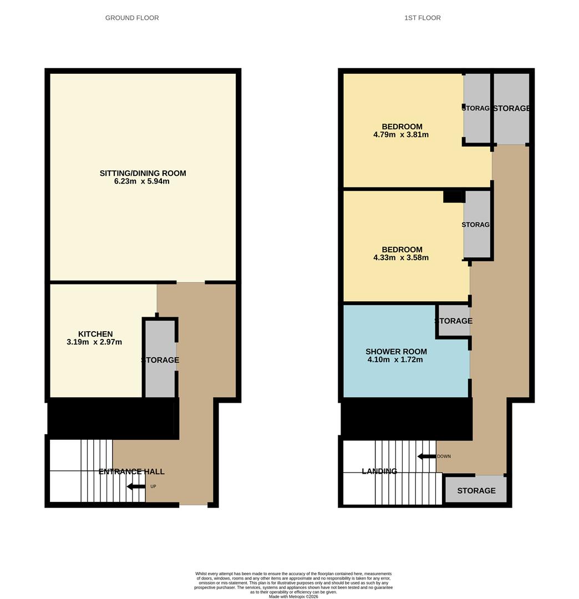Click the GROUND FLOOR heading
point(132,18)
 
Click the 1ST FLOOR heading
point(423,18)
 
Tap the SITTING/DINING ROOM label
point(143,173)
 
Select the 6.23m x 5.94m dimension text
point(143,181)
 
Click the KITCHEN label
point(95,334)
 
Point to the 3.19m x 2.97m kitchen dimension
point(94,342)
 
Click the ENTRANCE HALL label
point(131,471)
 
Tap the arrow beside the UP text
point(136,486)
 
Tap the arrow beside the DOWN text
point(426,456)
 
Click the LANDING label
point(379,471)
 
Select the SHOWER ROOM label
point(396,352)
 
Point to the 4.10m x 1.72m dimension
point(395,359)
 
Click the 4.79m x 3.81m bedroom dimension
point(401,135)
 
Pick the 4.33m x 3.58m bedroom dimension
point(401,257)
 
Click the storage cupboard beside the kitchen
point(160,359)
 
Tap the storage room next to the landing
point(476,490)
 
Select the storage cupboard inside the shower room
point(454,321)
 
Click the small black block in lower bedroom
point(453,196)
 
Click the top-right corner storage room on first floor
point(511,108)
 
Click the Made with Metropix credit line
point(293,596)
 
